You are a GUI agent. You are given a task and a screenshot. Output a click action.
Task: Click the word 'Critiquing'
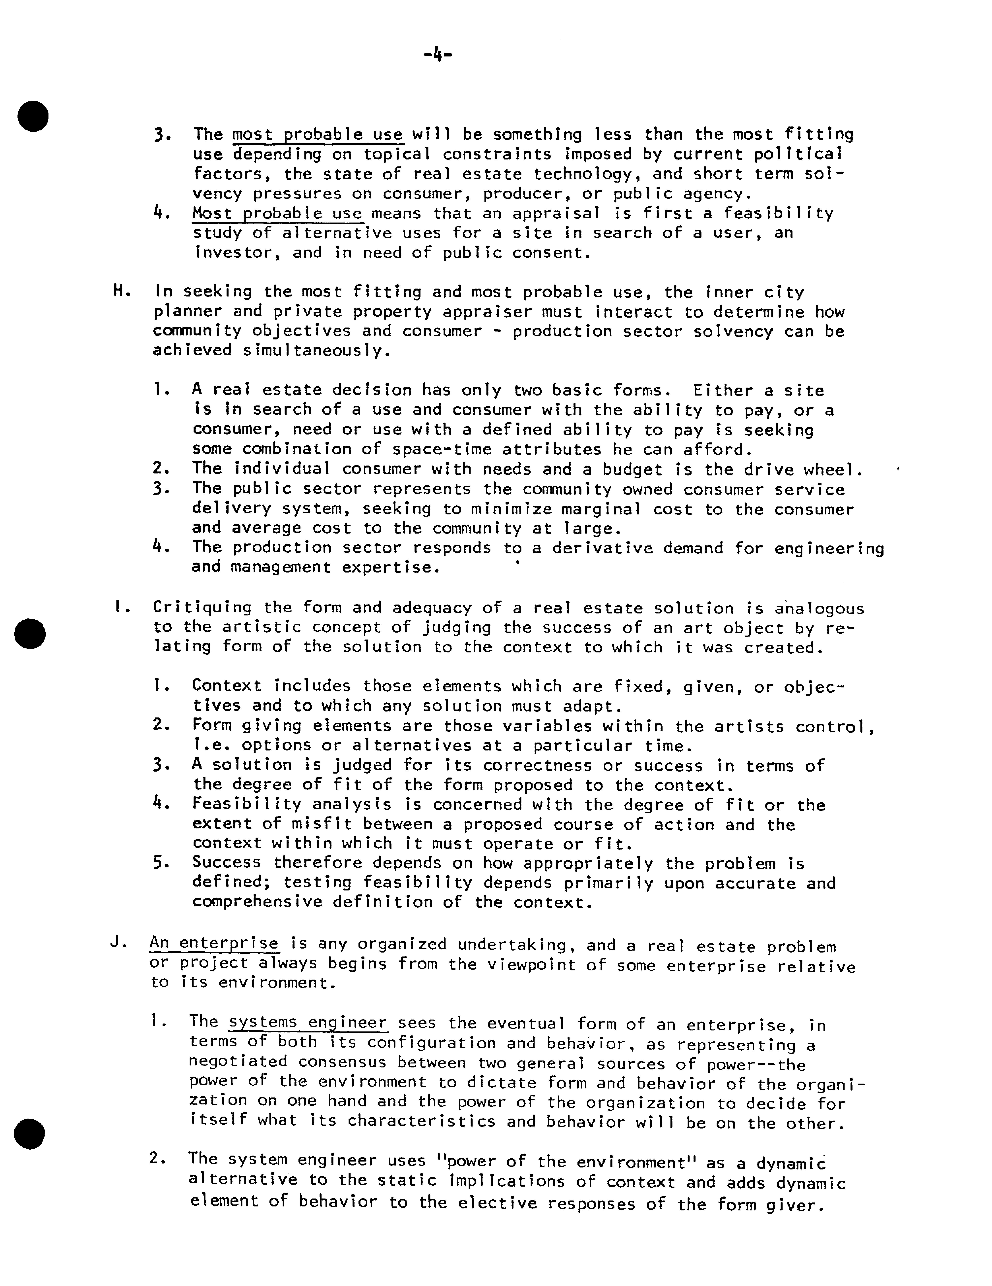(202, 607)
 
